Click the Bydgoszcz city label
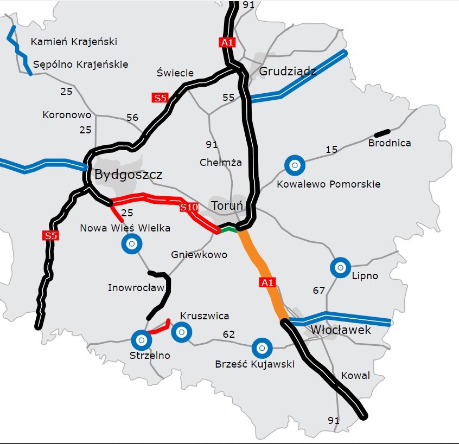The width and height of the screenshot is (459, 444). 128,175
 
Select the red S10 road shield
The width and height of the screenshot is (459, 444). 189,207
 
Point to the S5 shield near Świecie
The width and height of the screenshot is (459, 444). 160,98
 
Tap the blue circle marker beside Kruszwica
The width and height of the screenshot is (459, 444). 181,332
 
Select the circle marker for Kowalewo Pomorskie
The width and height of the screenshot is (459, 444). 295,165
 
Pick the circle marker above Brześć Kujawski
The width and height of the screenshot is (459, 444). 262,346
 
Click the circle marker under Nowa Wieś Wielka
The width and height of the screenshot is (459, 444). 131,244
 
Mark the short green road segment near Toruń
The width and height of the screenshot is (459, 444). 229,230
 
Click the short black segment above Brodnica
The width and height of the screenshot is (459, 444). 382,132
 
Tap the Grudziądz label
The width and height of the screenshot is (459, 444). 288,72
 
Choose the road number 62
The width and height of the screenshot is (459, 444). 229,334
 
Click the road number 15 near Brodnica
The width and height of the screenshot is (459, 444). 331,149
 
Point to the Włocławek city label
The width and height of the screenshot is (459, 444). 341,330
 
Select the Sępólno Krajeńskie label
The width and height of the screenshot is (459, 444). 81,64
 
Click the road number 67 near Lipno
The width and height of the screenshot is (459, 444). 319,291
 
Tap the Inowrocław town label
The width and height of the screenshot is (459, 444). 136,287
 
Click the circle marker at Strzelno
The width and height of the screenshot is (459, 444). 141,340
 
